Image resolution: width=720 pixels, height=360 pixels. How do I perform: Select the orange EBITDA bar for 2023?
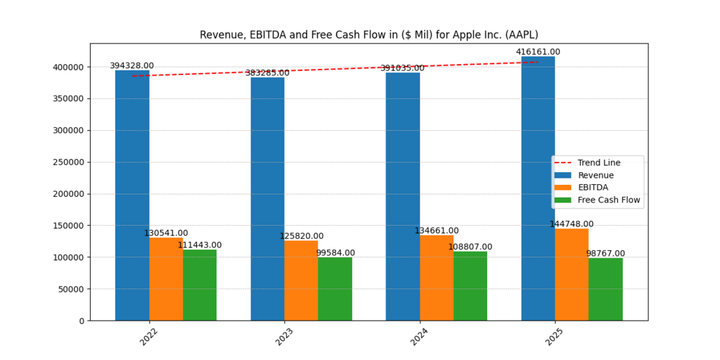tap(301, 281)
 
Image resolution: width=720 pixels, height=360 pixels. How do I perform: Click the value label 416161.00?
tap(538, 52)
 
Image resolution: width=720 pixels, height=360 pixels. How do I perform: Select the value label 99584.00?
tap(335, 253)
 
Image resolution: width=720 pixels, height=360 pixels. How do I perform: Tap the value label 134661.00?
tap(437, 231)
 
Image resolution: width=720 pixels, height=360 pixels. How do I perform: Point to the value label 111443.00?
tap(200, 245)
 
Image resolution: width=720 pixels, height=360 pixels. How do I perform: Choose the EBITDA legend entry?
tap(593, 188)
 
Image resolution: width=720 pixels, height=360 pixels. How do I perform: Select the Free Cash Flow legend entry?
tap(609, 200)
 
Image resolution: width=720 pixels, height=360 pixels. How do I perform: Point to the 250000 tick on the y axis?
tap(70, 162)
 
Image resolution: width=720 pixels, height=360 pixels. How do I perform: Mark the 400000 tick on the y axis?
tap(70, 67)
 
